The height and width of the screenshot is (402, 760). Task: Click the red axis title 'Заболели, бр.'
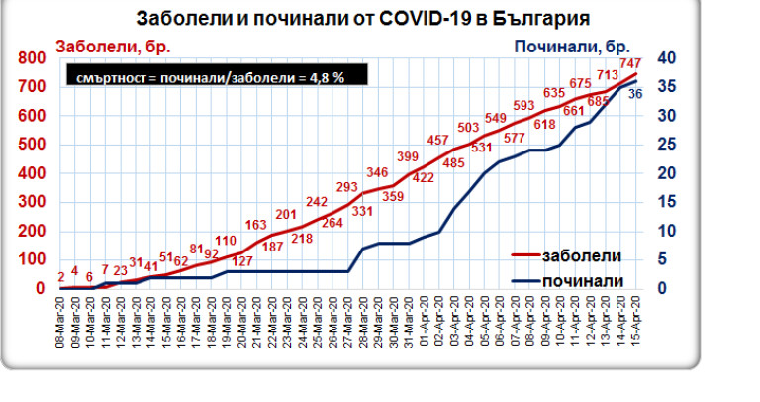[105, 46]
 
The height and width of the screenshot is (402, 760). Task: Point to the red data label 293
[347, 187]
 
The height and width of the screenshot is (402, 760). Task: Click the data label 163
[256, 224]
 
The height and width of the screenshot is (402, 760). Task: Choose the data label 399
[408, 156]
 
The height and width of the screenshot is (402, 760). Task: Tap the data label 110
[227, 241]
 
